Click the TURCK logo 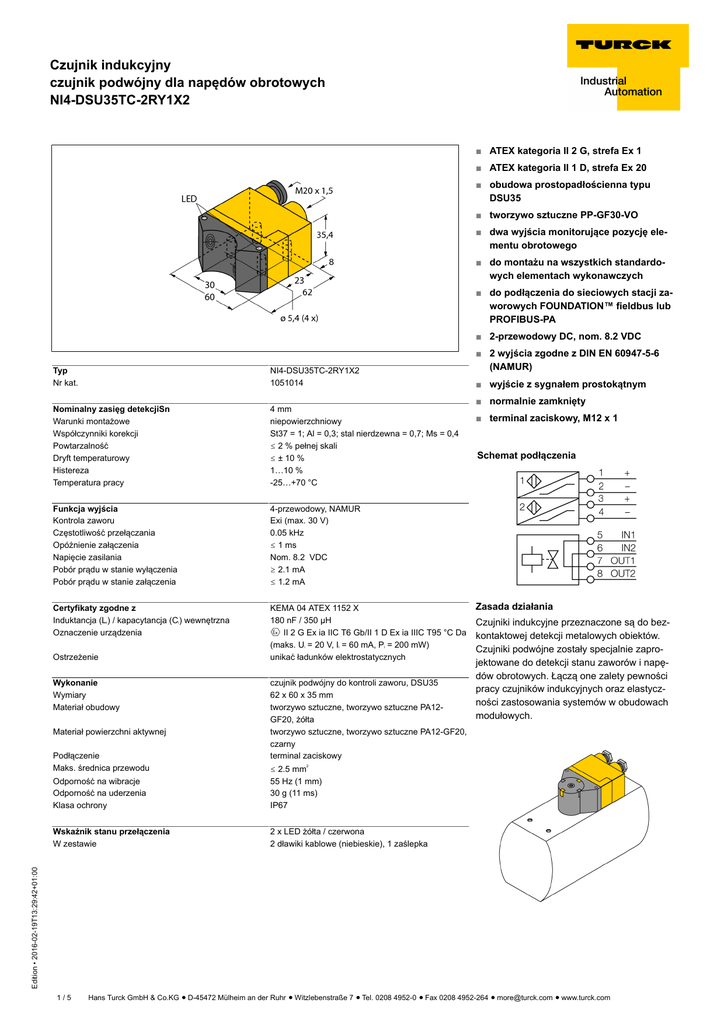click(x=622, y=44)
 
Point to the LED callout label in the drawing click(x=189, y=199)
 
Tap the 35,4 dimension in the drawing click(x=325, y=234)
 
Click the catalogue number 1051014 click(x=287, y=382)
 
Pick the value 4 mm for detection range click(x=281, y=410)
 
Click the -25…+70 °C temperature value click(x=294, y=482)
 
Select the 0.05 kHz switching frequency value click(x=287, y=533)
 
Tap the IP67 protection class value click(x=280, y=805)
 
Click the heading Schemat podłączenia click(x=526, y=455)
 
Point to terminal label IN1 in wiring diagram click(x=628, y=536)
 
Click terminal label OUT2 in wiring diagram click(x=623, y=574)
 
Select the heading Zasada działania click(x=514, y=606)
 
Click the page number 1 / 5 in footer click(x=65, y=997)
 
